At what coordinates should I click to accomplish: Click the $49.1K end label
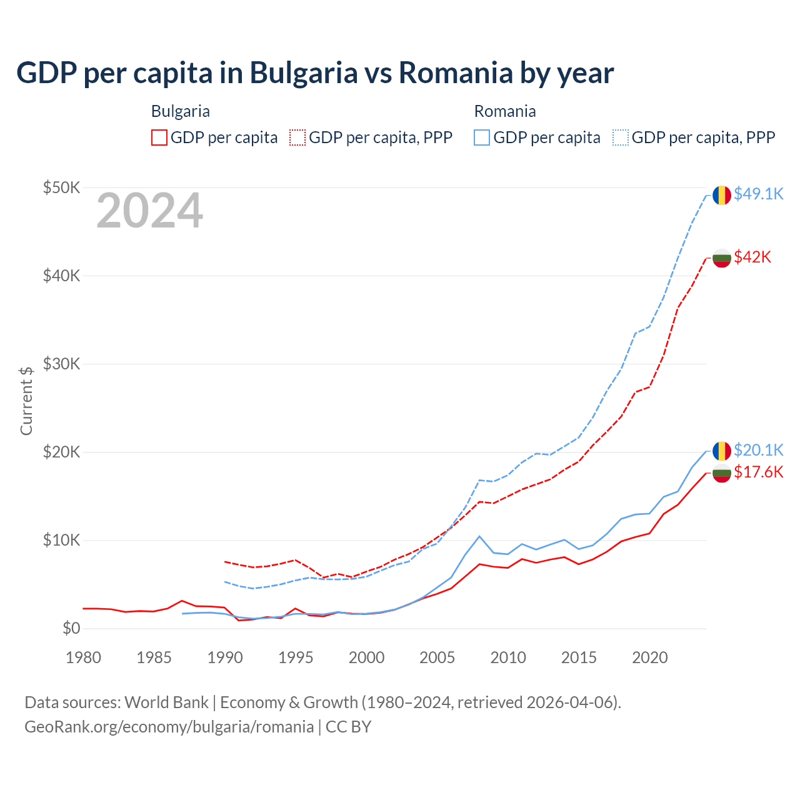tap(758, 194)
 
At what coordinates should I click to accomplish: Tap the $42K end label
tap(752, 257)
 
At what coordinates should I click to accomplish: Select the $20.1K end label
tap(758, 450)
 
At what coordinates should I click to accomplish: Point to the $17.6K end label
tap(758, 472)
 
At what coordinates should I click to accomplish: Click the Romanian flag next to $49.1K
tap(722, 195)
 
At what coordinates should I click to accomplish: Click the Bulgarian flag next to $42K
tap(722, 257)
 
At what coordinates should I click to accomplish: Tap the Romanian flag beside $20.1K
tap(722, 451)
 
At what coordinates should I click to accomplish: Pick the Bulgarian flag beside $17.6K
tap(722, 473)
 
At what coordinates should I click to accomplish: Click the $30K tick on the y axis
tap(61, 364)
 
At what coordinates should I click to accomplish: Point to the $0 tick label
tap(71, 628)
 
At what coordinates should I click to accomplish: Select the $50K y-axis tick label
tap(61, 187)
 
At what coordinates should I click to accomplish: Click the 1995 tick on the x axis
tap(296, 657)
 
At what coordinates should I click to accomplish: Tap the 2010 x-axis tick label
tap(508, 657)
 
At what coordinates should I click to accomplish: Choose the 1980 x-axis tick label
tap(83, 657)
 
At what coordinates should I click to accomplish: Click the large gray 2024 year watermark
tap(149, 211)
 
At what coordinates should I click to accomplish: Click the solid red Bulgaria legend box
tap(159, 137)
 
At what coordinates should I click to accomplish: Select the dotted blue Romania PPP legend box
tap(621, 137)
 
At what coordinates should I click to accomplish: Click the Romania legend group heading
tap(505, 111)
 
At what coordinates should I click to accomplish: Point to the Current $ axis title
tap(26, 401)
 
